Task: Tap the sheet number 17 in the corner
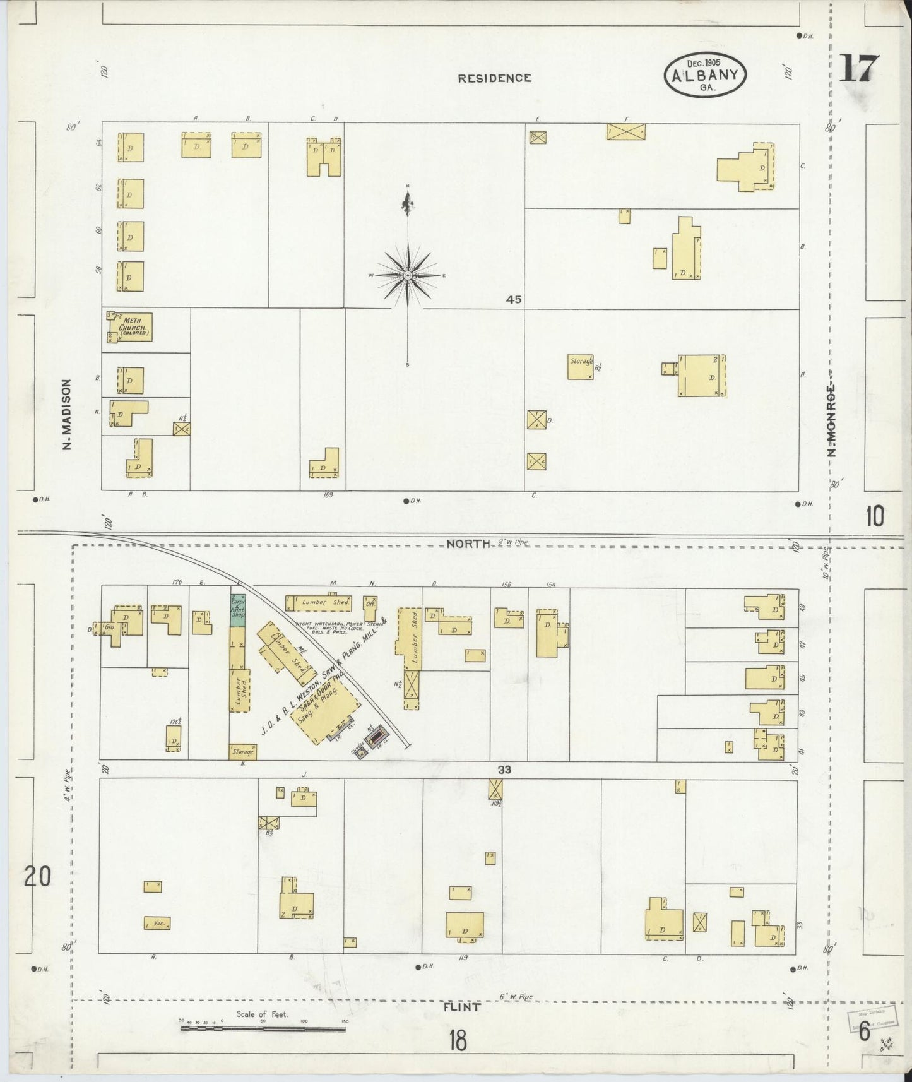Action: pos(859,68)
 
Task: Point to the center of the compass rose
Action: pos(408,276)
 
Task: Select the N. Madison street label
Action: pos(67,415)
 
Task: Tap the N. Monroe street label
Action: pos(832,420)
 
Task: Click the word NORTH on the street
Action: pos(468,543)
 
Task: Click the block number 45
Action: pos(514,300)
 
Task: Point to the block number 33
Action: pos(504,770)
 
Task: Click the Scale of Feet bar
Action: pos(263,1028)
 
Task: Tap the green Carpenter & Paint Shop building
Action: pos(237,610)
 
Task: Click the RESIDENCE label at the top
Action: pos(494,78)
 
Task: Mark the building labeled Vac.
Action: pos(157,923)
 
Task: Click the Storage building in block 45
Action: pos(580,366)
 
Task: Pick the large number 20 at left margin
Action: pos(37,877)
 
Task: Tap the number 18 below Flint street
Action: pos(458,1040)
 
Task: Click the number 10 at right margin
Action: pos(874,516)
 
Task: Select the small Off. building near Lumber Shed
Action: pos(370,603)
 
